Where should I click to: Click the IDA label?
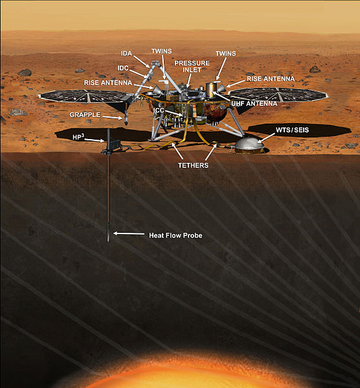click(127, 54)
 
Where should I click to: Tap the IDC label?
click(123, 68)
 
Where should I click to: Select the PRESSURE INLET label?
click(192, 67)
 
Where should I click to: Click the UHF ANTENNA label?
click(254, 103)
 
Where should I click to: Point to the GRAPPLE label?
click(85, 115)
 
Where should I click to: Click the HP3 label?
click(78, 137)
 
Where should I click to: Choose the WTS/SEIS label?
click(293, 130)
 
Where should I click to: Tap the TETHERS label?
click(193, 166)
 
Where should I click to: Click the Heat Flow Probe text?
click(175, 235)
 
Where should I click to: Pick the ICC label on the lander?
click(159, 110)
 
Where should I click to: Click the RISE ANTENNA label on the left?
click(108, 83)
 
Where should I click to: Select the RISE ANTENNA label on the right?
click(271, 79)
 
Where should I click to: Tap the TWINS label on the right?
click(226, 54)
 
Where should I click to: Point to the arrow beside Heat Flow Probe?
click(129, 233)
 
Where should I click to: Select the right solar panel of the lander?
click(278, 94)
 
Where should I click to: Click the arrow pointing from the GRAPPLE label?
click(113, 117)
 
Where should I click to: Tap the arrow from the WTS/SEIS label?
click(266, 138)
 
